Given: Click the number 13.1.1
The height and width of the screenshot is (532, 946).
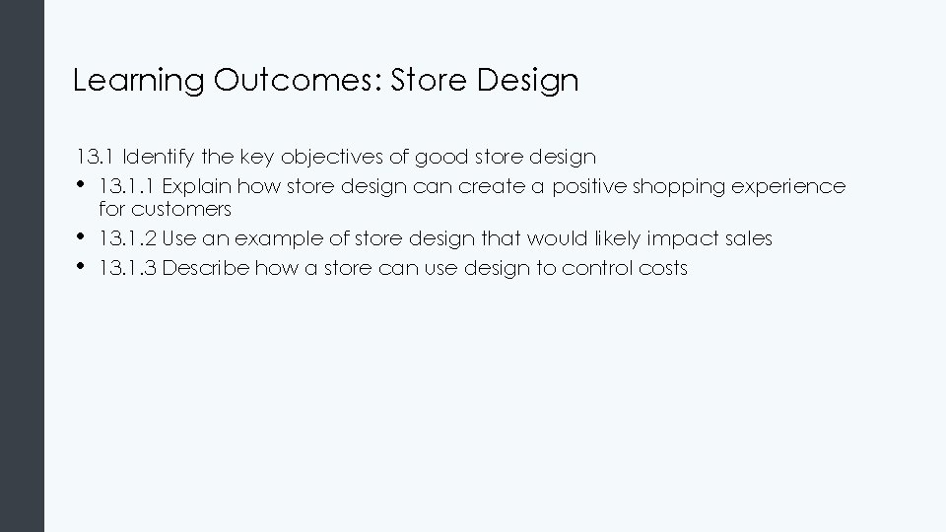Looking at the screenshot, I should coord(127,186).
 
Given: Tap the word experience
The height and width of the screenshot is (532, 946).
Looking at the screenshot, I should coord(796,186).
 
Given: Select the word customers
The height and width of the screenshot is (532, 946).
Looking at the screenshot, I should coord(182,210).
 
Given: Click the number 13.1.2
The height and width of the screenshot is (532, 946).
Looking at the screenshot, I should coord(127,238).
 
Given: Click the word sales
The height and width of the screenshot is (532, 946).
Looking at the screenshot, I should coord(749,238).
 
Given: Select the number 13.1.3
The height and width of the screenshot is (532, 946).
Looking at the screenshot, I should coord(127,268).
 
